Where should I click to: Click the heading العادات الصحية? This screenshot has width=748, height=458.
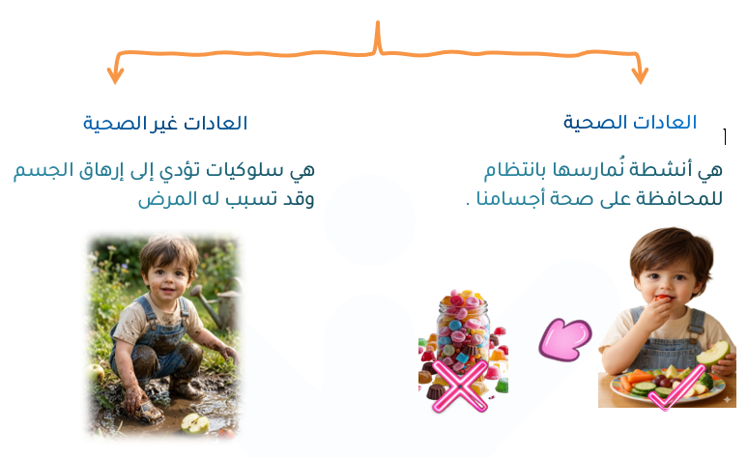(630, 123)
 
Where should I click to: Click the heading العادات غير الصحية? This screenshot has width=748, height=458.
(165, 123)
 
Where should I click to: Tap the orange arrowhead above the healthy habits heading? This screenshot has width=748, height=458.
(640, 75)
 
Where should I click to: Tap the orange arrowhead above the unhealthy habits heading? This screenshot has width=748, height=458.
(115, 75)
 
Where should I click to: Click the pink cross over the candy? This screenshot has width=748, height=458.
(460, 386)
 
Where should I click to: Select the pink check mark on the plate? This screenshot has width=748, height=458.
(677, 387)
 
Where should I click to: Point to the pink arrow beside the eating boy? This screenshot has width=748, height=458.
(565, 339)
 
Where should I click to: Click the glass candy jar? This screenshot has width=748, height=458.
(463, 329)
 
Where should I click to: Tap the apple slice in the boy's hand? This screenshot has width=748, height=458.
(712, 354)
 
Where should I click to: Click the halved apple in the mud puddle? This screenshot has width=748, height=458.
(194, 423)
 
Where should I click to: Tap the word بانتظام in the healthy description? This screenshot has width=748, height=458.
(515, 170)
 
